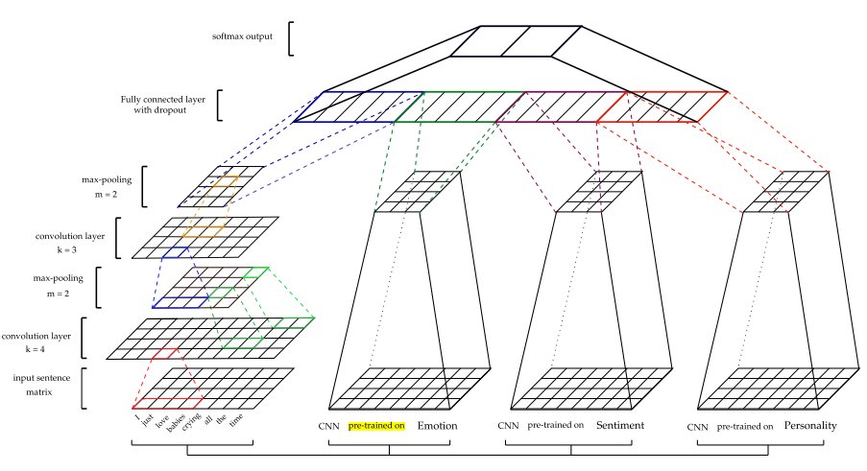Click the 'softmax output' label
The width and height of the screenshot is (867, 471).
[x=244, y=37]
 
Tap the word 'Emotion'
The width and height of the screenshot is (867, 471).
[x=437, y=425]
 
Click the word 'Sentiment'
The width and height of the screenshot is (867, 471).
[x=619, y=425]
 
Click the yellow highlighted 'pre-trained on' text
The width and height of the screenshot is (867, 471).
[x=377, y=425]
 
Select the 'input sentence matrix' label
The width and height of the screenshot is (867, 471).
[x=43, y=386]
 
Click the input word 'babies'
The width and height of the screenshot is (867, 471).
[x=176, y=425]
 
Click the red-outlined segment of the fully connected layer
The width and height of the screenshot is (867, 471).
[x=662, y=106]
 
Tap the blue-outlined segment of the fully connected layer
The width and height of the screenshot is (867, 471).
[x=357, y=106]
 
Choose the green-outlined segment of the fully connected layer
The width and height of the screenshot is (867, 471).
[x=459, y=106]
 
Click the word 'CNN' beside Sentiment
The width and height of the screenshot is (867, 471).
[x=509, y=425]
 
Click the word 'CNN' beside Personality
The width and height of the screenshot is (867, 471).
[x=698, y=425]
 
